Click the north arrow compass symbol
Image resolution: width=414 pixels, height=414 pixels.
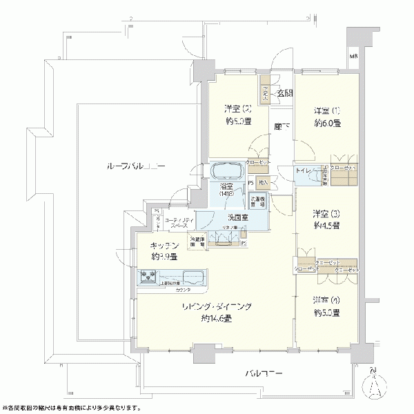(375, 388)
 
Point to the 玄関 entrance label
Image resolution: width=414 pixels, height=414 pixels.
(285, 93)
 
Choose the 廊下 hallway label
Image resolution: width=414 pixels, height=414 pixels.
(281, 126)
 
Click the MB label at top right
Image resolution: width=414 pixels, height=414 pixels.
(353, 56)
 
